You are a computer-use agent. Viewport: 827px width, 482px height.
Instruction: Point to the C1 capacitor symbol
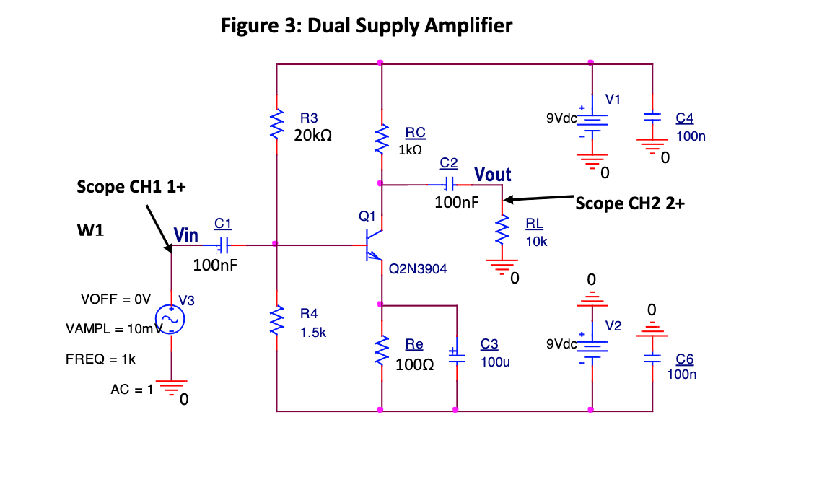click(224, 245)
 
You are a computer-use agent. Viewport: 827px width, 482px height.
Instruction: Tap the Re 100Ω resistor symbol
click(380, 350)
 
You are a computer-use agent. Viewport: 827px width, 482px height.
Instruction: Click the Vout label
click(493, 174)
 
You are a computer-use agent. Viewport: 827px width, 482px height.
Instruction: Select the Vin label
click(186, 235)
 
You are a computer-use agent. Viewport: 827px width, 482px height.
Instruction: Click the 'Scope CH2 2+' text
click(630, 203)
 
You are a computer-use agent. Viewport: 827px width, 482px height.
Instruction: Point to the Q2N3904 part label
click(418, 269)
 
